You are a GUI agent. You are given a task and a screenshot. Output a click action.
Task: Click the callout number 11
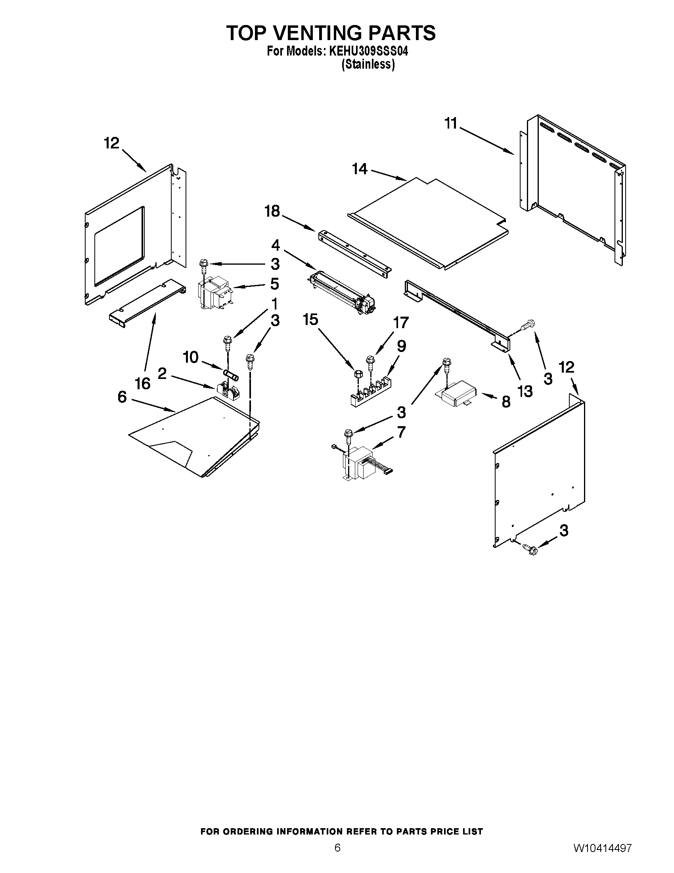(x=451, y=124)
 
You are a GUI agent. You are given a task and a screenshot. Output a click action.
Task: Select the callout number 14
(x=359, y=169)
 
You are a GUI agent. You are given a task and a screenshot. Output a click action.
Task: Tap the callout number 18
(x=273, y=212)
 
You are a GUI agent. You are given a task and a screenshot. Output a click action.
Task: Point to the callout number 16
(x=143, y=384)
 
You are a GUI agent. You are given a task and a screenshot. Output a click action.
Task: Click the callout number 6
(x=122, y=397)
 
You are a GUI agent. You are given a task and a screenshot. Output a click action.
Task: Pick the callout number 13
(x=525, y=392)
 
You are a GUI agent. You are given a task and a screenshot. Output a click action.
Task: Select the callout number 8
(x=505, y=402)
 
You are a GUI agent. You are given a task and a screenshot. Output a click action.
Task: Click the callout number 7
(x=401, y=432)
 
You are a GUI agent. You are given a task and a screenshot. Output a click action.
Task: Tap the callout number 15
(x=310, y=320)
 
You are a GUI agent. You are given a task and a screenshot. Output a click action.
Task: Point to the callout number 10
(x=190, y=358)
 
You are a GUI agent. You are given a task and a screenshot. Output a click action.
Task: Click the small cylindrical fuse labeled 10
(x=231, y=376)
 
